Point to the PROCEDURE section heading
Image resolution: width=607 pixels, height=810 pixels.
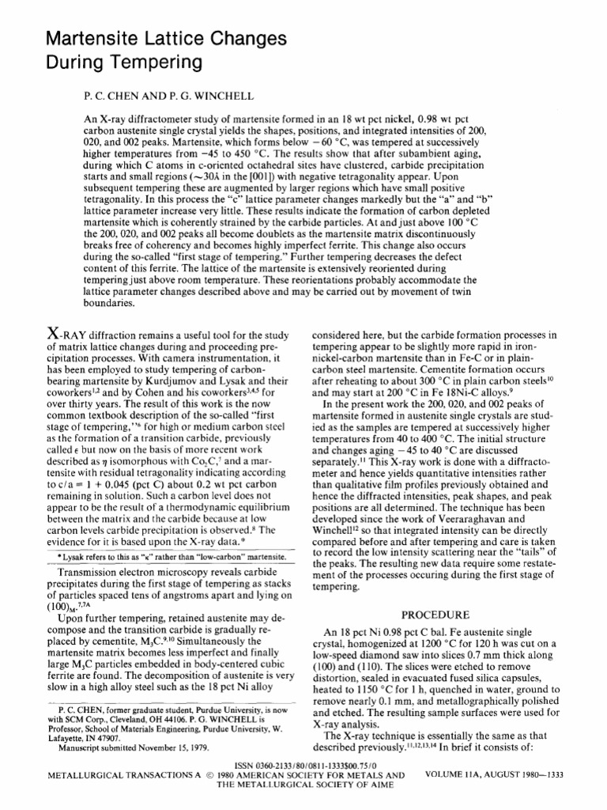pos(435,614)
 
